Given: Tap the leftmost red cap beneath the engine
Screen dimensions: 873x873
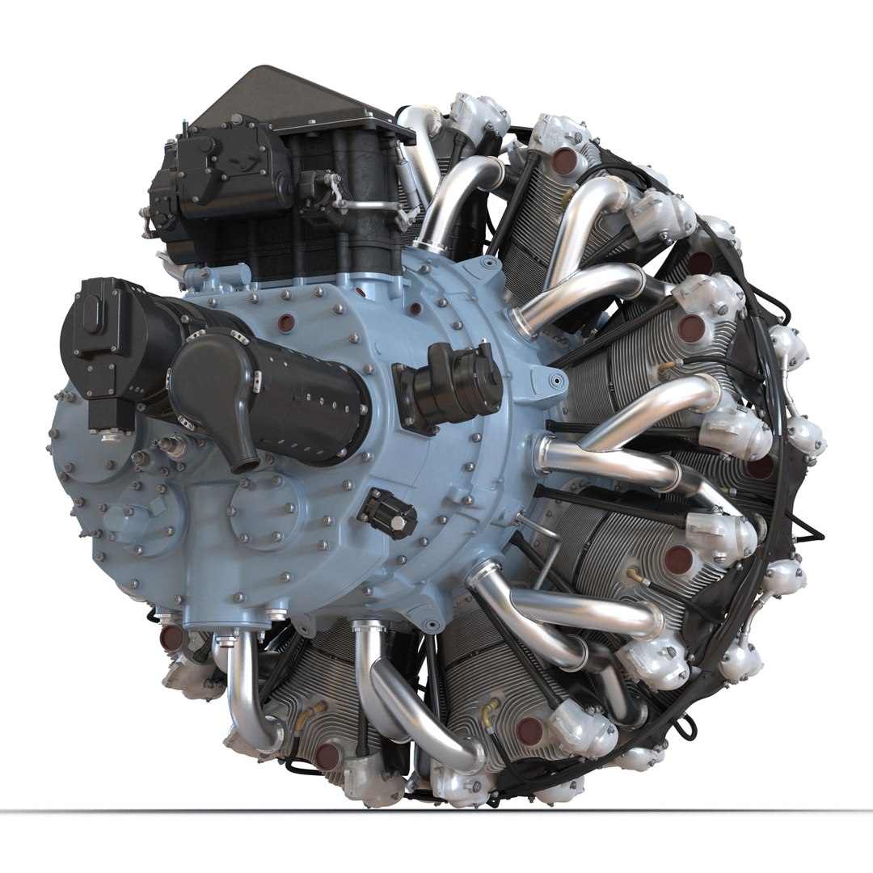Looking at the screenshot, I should [171, 638].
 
